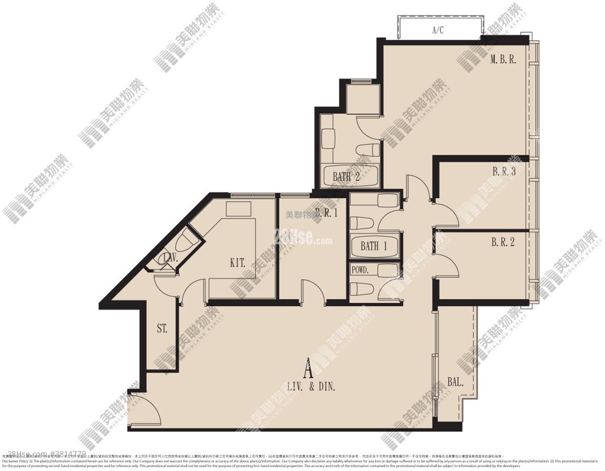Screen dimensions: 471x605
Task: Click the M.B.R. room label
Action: click(503, 60)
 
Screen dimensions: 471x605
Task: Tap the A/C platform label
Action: click(438, 30)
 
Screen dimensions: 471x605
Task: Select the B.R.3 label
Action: click(504, 171)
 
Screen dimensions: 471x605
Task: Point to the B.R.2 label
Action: click(503, 242)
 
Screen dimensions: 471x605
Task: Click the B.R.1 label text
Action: click(326, 212)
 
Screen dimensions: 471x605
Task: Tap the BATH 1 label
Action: click(374, 246)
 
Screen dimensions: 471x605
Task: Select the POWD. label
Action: click(360, 270)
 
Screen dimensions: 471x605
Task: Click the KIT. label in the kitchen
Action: click(238, 263)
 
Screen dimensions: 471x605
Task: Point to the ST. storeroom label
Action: click(162, 329)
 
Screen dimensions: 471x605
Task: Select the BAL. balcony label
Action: click(455, 382)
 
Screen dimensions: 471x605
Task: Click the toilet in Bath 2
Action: click(368, 150)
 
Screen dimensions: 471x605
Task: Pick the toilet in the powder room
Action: click(361, 288)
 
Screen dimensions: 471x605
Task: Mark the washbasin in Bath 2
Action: click(328, 138)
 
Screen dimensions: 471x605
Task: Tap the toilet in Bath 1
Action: click(361, 223)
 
